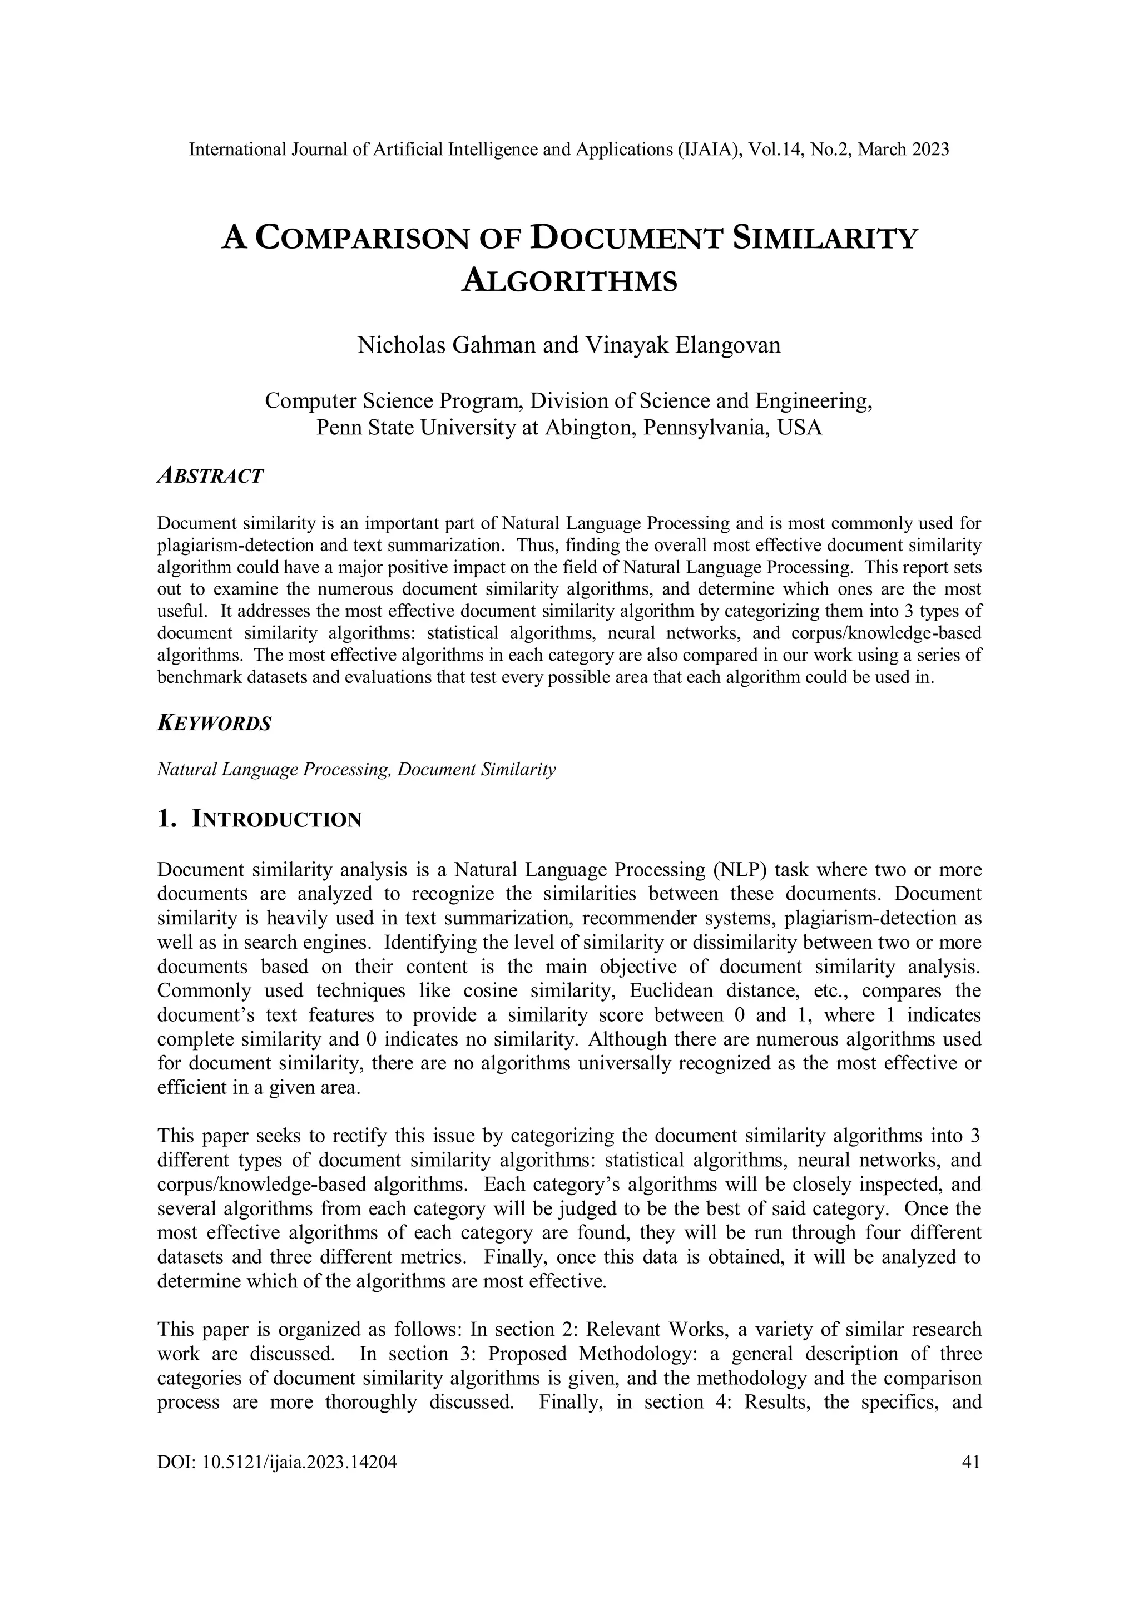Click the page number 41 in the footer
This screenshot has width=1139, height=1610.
coord(972,1462)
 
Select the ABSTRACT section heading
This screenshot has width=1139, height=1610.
coord(210,476)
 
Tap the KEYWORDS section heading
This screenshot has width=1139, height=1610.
coord(214,724)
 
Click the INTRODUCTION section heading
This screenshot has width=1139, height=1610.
coord(276,819)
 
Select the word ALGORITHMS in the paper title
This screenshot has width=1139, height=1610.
coord(569,281)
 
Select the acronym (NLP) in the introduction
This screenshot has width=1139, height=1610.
coord(741,870)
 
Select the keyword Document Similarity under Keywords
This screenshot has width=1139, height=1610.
coord(476,770)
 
